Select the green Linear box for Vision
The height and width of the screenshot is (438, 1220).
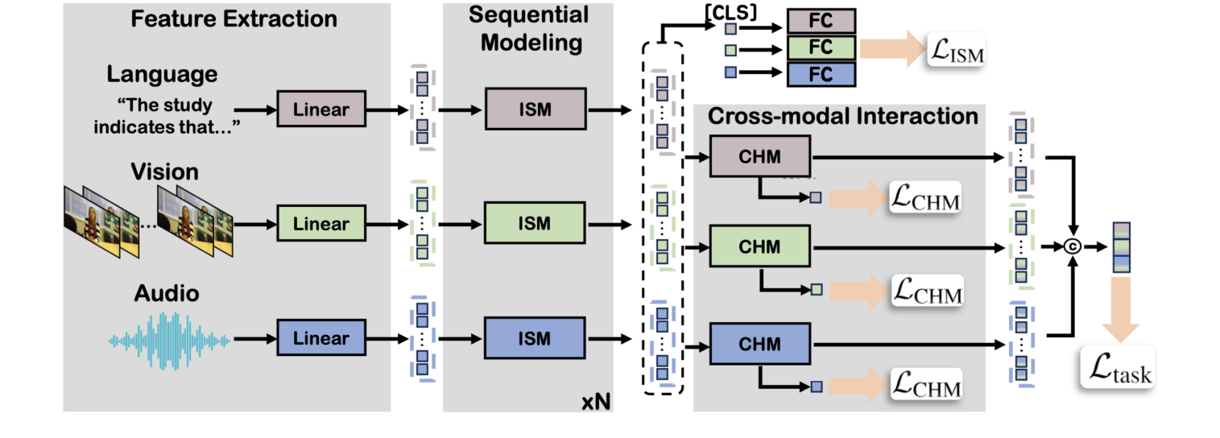[x=321, y=223]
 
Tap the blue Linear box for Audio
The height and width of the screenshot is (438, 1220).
[x=321, y=338]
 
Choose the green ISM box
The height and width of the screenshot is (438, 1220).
[x=534, y=223]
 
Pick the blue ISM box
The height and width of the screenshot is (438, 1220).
[x=534, y=338]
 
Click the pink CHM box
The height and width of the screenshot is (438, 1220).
[x=759, y=156]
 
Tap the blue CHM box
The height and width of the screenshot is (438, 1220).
[x=759, y=345]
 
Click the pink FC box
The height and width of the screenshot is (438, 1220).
[x=821, y=20]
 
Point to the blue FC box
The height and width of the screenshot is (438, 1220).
[x=821, y=74]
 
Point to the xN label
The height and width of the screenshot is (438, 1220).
[x=595, y=399]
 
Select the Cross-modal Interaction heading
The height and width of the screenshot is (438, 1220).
[x=842, y=117]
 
